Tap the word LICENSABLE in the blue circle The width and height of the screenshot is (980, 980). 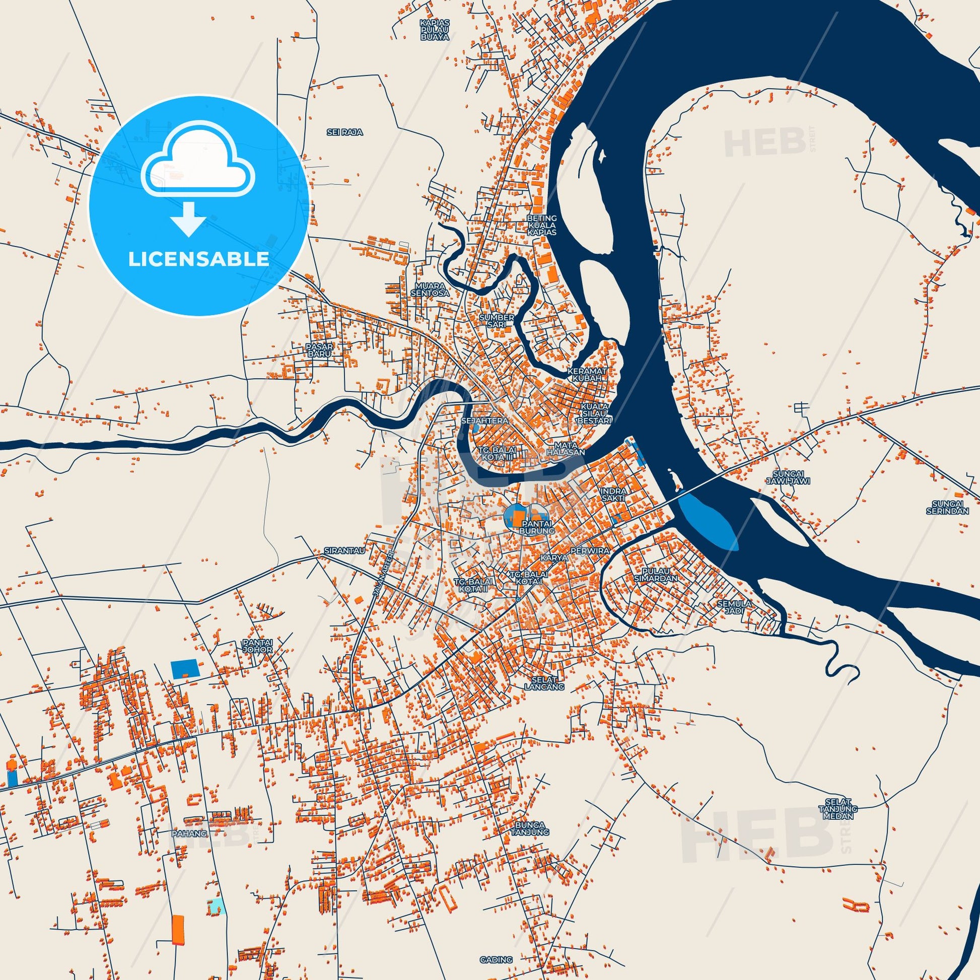198,259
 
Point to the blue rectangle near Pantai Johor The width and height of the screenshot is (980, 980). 186,670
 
